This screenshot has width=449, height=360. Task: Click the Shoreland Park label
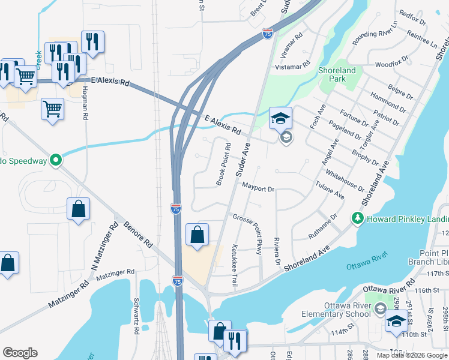(337, 74)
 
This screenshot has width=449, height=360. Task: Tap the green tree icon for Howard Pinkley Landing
(358, 217)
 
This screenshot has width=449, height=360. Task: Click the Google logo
(20, 353)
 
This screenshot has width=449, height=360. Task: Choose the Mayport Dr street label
(258, 188)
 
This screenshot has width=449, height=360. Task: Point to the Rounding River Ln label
(375, 35)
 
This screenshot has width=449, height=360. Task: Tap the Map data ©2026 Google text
(411, 355)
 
